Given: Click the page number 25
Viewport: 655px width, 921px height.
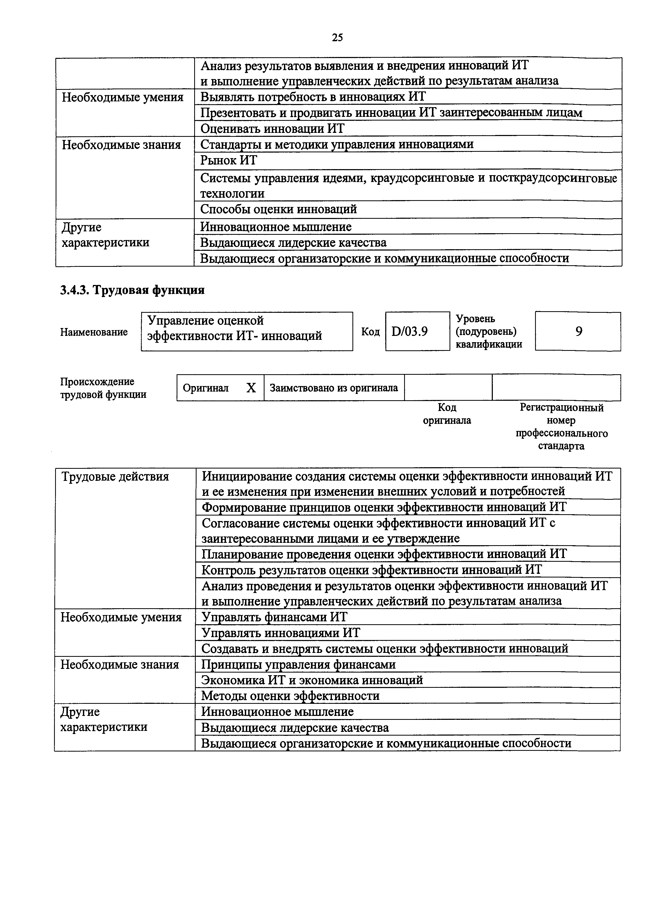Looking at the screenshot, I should point(337,38).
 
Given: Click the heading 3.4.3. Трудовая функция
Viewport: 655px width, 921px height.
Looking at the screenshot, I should point(132,290).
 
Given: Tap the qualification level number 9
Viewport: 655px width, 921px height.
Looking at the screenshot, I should point(578,331).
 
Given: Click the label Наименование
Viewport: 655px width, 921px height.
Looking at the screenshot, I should point(94,332).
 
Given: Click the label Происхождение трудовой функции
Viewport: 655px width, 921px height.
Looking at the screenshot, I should point(103,388).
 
